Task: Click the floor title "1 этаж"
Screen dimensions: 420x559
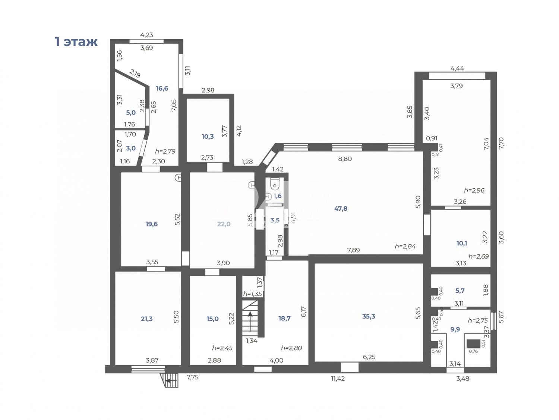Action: pos(76,41)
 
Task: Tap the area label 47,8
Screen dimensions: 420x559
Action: pos(341,209)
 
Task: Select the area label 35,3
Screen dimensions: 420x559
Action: pos(369,316)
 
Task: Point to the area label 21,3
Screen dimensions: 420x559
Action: pos(146,319)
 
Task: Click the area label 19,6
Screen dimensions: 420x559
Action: pos(151,224)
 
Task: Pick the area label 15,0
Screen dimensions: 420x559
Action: pos(212,319)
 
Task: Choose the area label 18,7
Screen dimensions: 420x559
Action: pos(284,319)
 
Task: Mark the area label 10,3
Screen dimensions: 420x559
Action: pos(208,137)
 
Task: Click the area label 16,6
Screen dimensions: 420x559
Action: pos(162,88)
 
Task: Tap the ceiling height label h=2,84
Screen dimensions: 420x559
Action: pos(405,246)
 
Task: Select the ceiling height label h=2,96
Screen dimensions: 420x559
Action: pos(474,190)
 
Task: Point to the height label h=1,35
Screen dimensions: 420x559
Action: pos(253,294)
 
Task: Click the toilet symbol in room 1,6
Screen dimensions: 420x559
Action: pos(275,184)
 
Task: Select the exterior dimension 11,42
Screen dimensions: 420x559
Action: pos(338,379)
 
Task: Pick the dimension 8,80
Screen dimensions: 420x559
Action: pos(345,159)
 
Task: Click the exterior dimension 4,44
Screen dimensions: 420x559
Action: pos(457,68)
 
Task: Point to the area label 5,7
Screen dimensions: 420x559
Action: pos(460,291)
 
